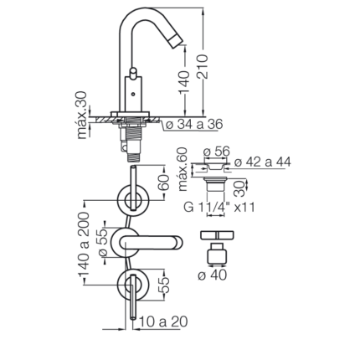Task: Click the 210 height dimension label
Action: (x=203, y=66)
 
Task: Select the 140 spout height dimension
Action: (x=184, y=82)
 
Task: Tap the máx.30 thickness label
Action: (x=82, y=116)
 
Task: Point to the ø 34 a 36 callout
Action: (x=194, y=125)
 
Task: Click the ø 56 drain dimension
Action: (x=216, y=152)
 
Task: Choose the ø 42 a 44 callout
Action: (x=263, y=162)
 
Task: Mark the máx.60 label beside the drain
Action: (x=183, y=170)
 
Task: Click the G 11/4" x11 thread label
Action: (x=219, y=208)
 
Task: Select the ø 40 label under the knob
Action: (x=213, y=275)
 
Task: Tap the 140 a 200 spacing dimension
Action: (x=84, y=244)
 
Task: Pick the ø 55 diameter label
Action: (x=103, y=243)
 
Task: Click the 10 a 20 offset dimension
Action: (x=163, y=321)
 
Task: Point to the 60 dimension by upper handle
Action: (x=165, y=183)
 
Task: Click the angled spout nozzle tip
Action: (x=176, y=40)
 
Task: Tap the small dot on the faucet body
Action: (x=133, y=94)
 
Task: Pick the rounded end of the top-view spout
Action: (x=177, y=243)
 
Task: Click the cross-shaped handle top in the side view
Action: (x=217, y=235)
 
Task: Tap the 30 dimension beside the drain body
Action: (x=239, y=188)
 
